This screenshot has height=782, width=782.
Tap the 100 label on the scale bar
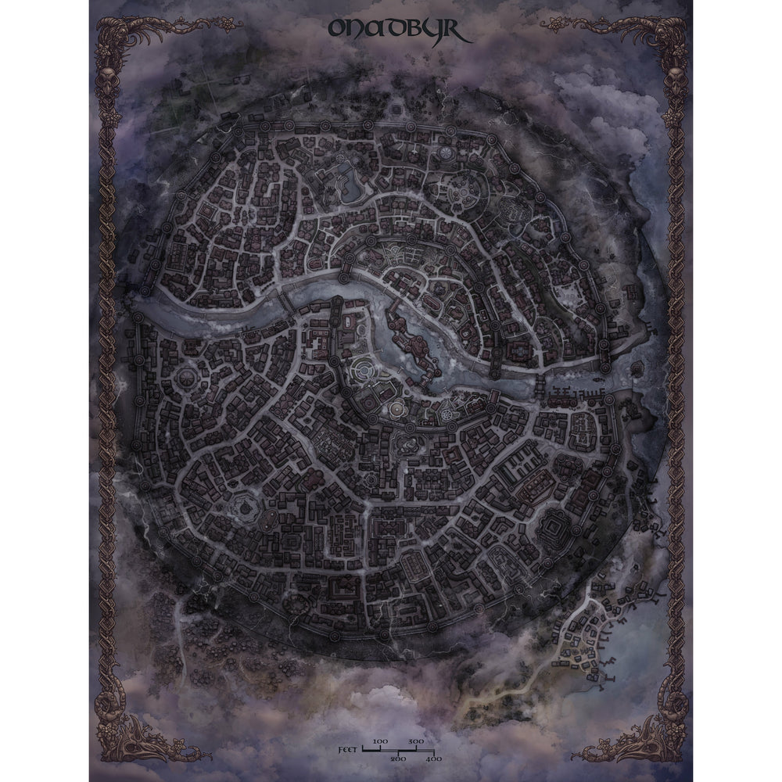click(381, 741)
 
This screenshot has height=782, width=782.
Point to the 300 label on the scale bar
click(417, 741)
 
